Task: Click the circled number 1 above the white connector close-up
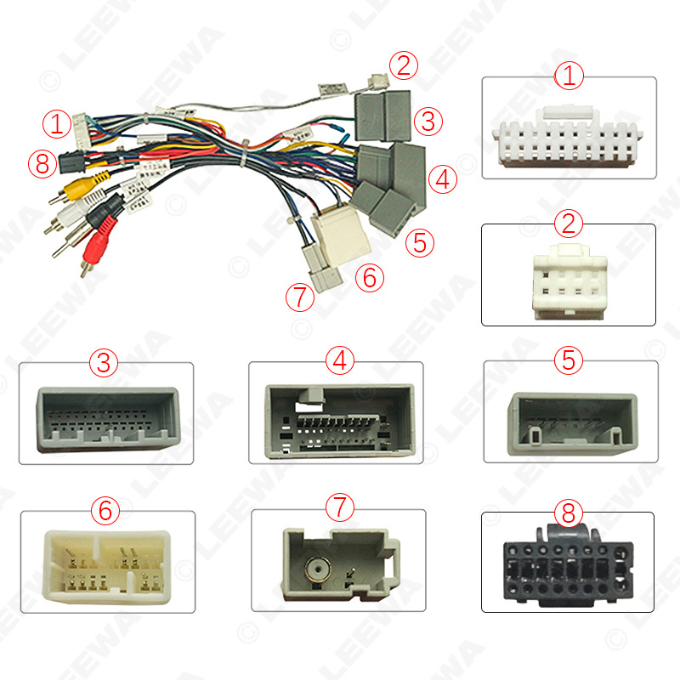(x=569, y=76)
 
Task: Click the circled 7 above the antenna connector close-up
(x=339, y=508)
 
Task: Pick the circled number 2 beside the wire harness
(x=405, y=65)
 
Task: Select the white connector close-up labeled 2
(x=568, y=279)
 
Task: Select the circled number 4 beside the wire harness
(x=442, y=178)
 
